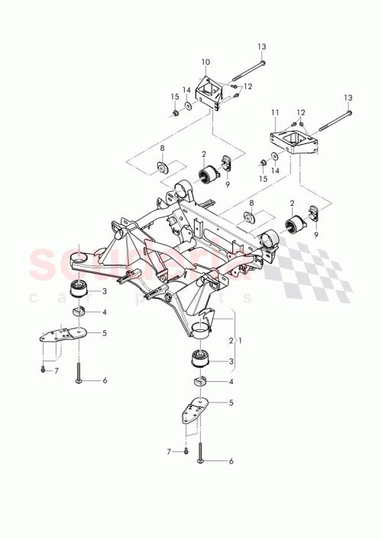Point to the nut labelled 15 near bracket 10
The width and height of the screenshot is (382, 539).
176,113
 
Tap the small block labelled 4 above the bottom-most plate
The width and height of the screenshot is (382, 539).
199,382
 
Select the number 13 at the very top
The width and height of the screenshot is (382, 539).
261,47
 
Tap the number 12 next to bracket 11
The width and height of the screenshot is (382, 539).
300,112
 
